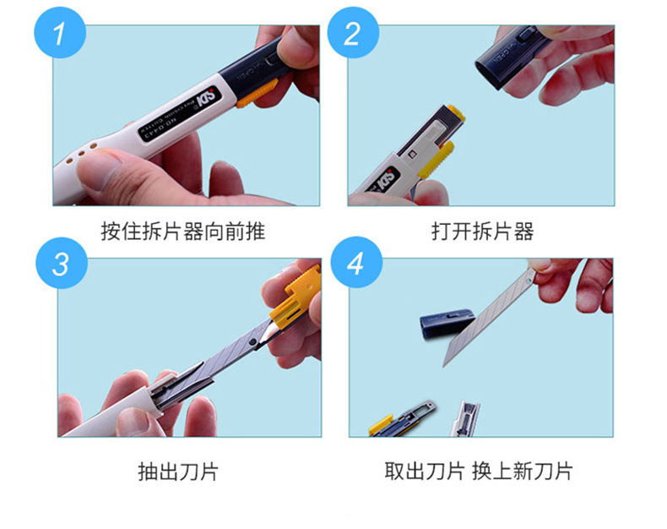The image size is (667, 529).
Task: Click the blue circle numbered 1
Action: point(58,35)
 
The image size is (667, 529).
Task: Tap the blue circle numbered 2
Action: point(353,35)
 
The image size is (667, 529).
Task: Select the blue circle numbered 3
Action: point(58,264)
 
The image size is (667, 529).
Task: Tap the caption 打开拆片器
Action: point(482,231)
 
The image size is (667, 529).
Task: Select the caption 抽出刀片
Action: point(177,471)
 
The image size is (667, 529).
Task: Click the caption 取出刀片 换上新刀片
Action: point(478,471)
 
